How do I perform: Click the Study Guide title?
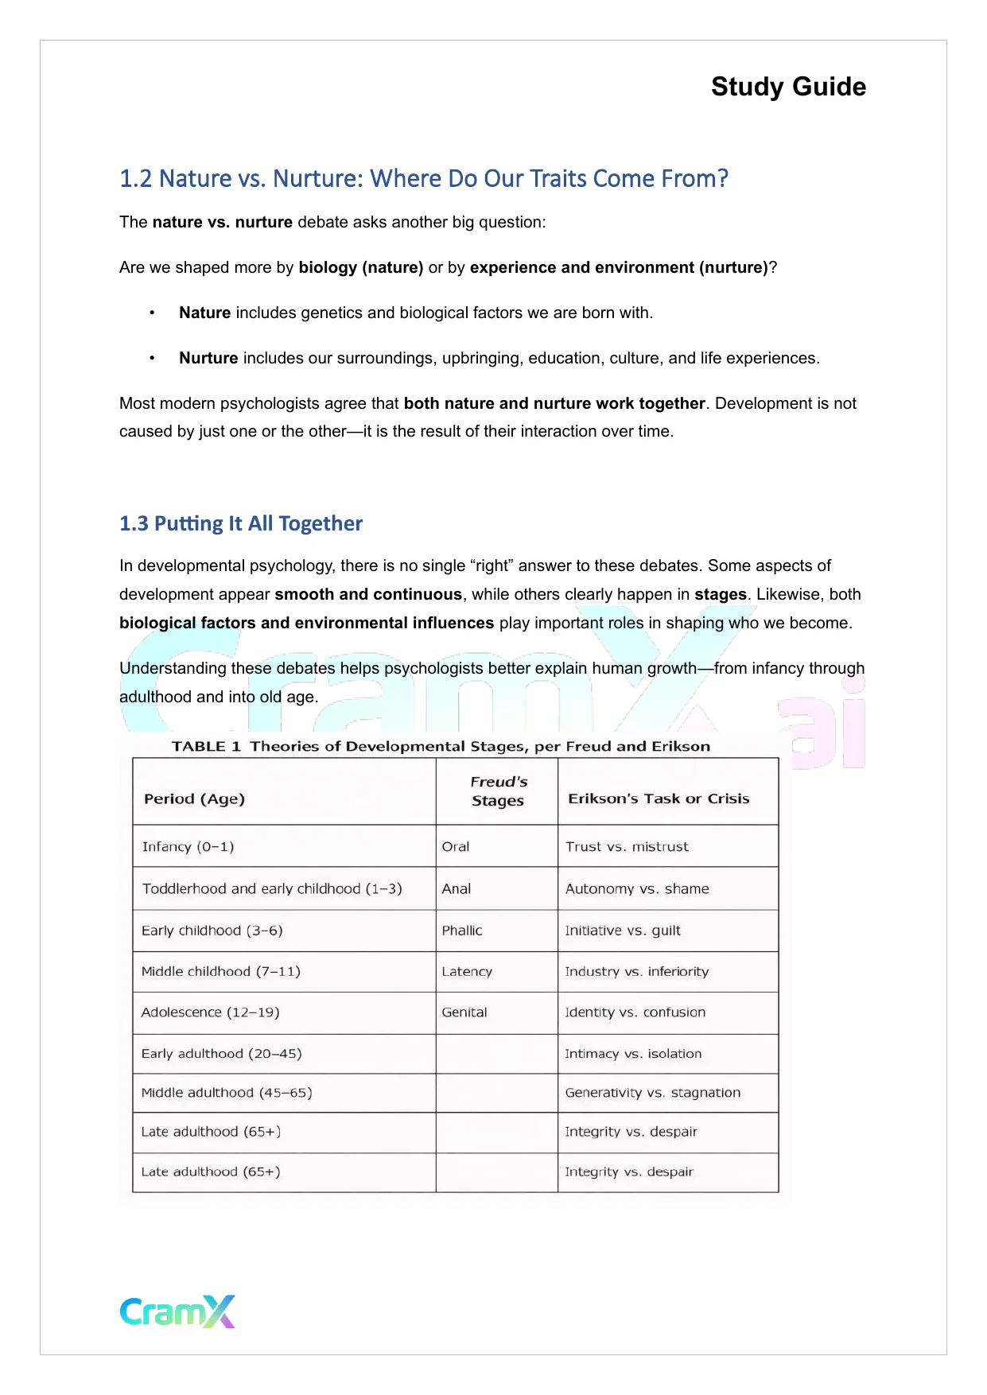(x=787, y=87)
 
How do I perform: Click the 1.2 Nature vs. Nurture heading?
(x=423, y=178)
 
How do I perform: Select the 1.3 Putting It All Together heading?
(x=240, y=523)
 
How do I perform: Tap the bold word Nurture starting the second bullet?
(x=208, y=358)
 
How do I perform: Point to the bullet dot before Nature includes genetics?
(x=152, y=313)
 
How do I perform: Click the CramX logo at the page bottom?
(x=177, y=1311)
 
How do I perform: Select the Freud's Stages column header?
(x=498, y=791)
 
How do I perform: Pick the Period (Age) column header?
(x=194, y=799)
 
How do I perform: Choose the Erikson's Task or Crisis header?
(x=659, y=799)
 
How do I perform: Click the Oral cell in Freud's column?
(x=456, y=846)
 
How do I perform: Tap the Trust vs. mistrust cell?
(x=627, y=846)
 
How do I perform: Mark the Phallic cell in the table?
(x=462, y=931)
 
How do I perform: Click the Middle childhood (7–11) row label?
(x=220, y=971)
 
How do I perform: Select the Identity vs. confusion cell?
(x=635, y=1012)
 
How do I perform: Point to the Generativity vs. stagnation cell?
(x=652, y=1093)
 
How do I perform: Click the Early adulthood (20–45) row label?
(x=221, y=1054)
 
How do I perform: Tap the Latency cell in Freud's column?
(x=467, y=971)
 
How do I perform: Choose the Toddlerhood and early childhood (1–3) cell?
(x=271, y=888)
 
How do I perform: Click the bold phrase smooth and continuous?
(x=368, y=594)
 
